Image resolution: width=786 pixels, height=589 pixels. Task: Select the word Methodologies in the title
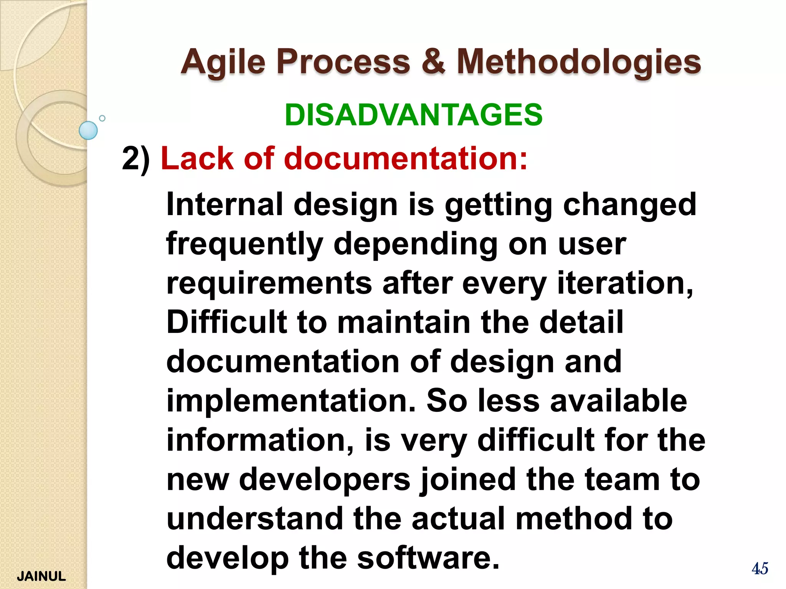pos(579,62)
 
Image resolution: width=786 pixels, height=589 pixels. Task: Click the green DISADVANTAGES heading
pos(414,115)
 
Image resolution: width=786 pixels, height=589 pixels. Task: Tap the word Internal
pos(225,204)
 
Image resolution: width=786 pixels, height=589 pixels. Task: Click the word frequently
pos(245,245)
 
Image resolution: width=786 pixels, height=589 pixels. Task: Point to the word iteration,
pos(625,283)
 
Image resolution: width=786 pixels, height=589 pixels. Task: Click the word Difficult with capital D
pos(226,322)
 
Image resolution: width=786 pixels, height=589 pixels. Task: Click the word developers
pos(325,480)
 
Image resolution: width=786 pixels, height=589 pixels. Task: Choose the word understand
pos(254,518)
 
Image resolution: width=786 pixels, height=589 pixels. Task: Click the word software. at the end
pos(429,558)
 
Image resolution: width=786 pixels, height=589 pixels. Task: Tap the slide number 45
pos(760,568)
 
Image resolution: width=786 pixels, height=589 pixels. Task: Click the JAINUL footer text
pos(41,576)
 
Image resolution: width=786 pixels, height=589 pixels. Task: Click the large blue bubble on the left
pos(88,130)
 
